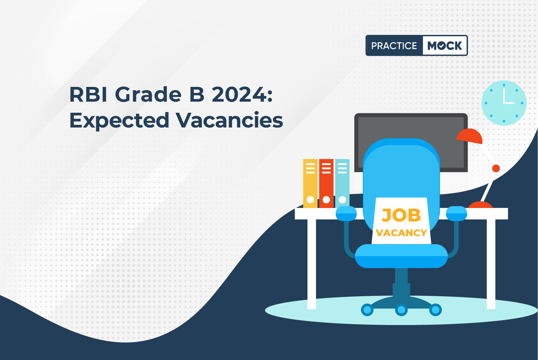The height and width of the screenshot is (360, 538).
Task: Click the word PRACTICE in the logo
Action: (394, 46)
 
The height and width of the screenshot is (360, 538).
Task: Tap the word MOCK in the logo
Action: (444, 46)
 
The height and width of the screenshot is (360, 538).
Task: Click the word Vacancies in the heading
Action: (230, 120)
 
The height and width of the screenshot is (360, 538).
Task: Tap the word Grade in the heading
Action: (148, 95)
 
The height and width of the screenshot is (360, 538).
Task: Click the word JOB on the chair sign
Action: (401, 215)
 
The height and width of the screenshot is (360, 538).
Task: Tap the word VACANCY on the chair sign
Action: (401, 233)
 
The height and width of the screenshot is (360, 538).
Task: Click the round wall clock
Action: (504, 103)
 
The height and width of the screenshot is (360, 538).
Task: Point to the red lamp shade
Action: (470, 136)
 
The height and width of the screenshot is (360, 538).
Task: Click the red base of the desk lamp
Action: (480, 205)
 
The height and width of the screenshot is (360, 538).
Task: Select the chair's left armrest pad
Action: (346, 213)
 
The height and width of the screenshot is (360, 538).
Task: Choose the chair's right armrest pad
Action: (457, 213)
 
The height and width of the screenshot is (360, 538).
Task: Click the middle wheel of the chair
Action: (401, 310)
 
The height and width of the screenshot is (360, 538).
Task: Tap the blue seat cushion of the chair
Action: (401, 256)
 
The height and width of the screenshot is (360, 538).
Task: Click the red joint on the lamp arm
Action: (496, 168)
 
